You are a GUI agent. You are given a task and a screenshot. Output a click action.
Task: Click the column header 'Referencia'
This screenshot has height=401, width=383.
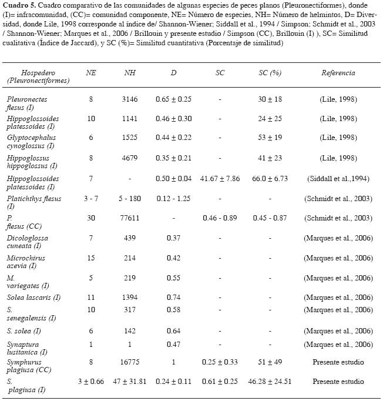pos(338,73)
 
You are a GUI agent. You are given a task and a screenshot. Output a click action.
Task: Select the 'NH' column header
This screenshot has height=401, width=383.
pos(130,73)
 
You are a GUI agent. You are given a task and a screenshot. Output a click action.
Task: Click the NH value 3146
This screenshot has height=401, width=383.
pos(130,99)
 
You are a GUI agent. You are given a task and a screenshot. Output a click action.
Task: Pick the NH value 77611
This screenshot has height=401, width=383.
pos(130,219)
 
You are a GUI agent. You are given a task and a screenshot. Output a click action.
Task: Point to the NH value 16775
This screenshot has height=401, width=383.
pos(130,362)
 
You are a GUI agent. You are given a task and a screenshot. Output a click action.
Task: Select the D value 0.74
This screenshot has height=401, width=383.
pos(174,298)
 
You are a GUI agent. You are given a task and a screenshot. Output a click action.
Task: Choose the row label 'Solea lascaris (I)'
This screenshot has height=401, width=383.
pos(33,298)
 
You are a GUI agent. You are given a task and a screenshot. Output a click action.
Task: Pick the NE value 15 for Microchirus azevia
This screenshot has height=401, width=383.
pos(91,259)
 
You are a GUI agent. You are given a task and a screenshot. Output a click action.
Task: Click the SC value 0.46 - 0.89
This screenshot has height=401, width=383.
pos(220,219)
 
